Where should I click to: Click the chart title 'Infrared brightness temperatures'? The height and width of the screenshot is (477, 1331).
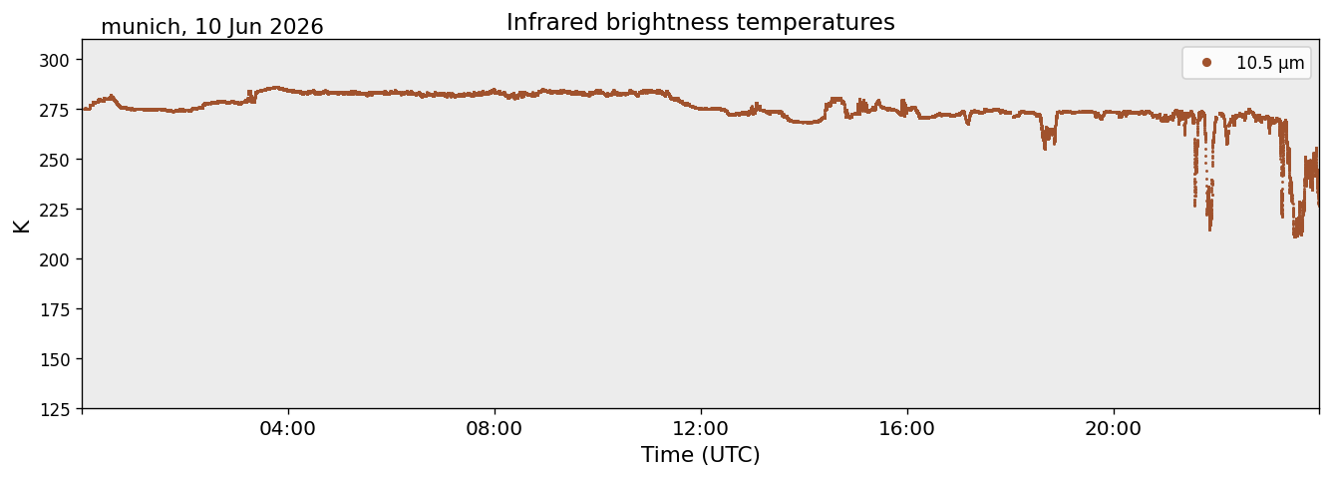tap(700, 23)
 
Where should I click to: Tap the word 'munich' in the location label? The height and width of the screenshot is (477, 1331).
tap(141, 27)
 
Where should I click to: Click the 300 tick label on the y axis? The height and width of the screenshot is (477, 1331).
tap(54, 61)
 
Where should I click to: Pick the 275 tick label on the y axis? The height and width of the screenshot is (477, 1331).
tap(54, 111)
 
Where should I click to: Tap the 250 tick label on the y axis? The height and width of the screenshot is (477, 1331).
tap(54, 161)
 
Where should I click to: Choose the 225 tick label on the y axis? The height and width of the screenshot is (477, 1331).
tap(54, 211)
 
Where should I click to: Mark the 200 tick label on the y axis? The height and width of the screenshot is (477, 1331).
tap(54, 259)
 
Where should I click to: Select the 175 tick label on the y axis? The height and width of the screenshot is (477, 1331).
tap(54, 310)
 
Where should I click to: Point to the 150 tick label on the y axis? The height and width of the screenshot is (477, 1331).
tap(54, 360)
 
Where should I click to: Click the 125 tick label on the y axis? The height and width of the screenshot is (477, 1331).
tap(54, 410)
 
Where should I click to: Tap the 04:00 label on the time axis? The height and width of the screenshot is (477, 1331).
tap(288, 428)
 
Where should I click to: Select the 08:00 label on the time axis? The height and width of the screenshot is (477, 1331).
tap(495, 428)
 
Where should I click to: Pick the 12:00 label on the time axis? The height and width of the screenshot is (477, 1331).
tap(701, 428)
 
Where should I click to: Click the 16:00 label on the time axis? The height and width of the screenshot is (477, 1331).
tap(906, 428)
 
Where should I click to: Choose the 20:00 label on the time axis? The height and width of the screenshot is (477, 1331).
tap(1113, 428)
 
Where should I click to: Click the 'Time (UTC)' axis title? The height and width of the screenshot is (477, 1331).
tap(701, 455)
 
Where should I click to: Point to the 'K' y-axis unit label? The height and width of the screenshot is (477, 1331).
tap(21, 226)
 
